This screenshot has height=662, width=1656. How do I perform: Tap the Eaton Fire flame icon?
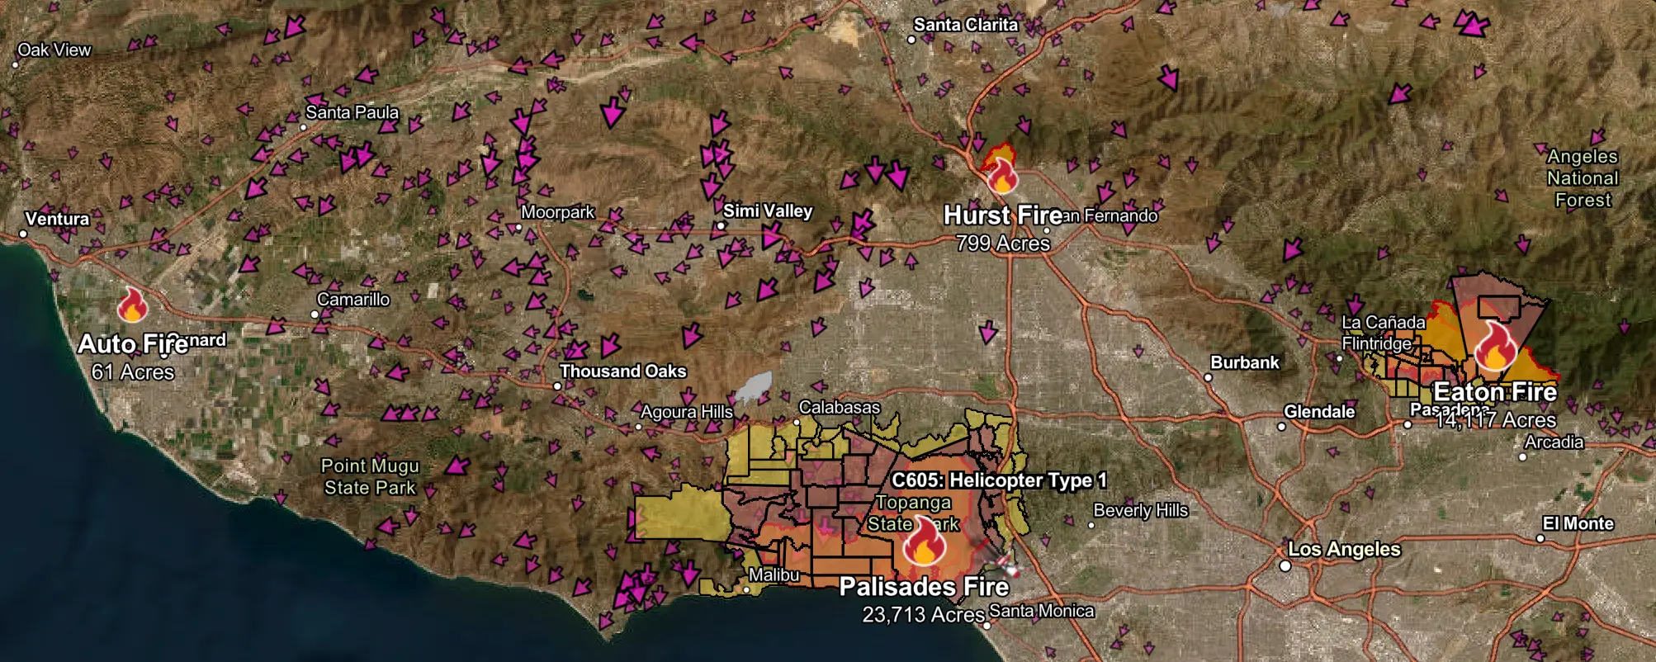[x=1494, y=347]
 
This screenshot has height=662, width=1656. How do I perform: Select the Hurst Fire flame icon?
[x=1001, y=175]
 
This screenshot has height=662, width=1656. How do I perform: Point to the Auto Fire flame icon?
[x=132, y=305]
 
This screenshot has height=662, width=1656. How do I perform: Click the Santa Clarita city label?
[x=965, y=25]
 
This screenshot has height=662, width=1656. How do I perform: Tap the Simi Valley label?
[x=768, y=211]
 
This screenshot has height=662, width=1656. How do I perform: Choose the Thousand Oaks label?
[x=622, y=371]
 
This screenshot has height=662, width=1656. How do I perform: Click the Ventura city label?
[x=57, y=219]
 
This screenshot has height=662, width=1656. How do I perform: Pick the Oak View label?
[x=54, y=50]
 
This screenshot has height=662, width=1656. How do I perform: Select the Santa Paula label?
[x=352, y=112]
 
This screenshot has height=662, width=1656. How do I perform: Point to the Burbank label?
[x=1244, y=362]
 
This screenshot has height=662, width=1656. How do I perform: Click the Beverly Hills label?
[x=1140, y=510]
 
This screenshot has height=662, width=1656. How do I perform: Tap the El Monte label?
[x=1578, y=523]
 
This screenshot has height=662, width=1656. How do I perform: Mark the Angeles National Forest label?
[x=1582, y=178]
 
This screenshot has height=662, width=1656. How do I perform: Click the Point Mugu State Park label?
[x=370, y=477]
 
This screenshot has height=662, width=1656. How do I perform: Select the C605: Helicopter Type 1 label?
[x=999, y=480]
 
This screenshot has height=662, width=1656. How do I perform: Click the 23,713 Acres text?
[x=923, y=615]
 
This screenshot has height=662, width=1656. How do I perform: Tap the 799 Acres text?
[x=1002, y=244]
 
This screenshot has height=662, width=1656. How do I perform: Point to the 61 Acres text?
[x=133, y=372]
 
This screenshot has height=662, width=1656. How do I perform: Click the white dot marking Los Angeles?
[x=1285, y=565]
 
